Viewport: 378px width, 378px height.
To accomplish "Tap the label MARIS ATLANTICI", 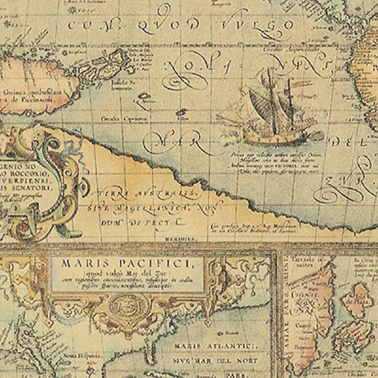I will (x=214, y=346).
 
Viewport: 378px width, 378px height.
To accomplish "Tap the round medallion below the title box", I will (x=125, y=305).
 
